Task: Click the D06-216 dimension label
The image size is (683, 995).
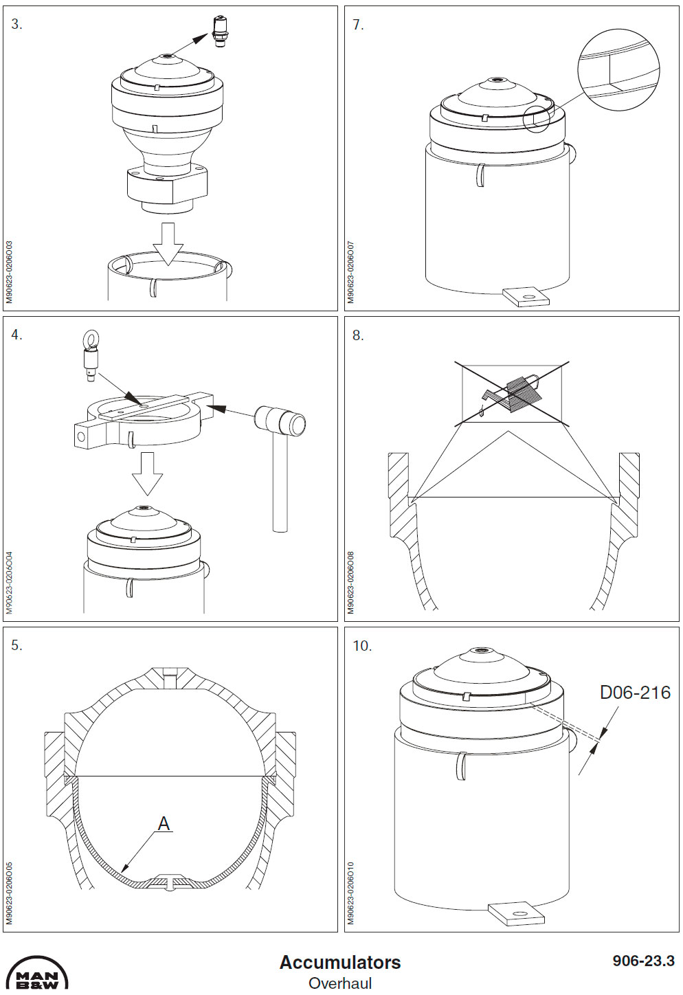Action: pyautogui.click(x=634, y=693)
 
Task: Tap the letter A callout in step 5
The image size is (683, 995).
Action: pyautogui.click(x=164, y=823)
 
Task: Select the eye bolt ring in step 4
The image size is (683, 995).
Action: pyautogui.click(x=90, y=339)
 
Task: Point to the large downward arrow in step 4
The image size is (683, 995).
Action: pyautogui.click(x=147, y=473)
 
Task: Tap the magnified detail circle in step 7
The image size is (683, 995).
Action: pyautogui.click(x=618, y=69)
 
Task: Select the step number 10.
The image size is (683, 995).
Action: pyautogui.click(x=361, y=646)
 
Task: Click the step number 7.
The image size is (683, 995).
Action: pyautogui.click(x=358, y=25)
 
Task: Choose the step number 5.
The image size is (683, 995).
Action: pyautogui.click(x=16, y=645)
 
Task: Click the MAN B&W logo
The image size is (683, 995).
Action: pyautogui.click(x=37, y=976)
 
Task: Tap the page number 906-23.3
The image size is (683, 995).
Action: pyautogui.click(x=643, y=961)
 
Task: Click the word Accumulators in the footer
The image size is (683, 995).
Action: pyautogui.click(x=340, y=962)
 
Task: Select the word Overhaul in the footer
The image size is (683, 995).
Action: pyautogui.click(x=340, y=983)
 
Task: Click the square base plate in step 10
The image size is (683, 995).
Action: pyautogui.click(x=516, y=913)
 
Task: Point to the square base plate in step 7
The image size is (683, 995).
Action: pyautogui.click(x=526, y=297)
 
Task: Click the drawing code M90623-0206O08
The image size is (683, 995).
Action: pyautogui.click(x=351, y=582)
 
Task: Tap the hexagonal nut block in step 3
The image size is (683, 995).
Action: pyautogui.click(x=167, y=185)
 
